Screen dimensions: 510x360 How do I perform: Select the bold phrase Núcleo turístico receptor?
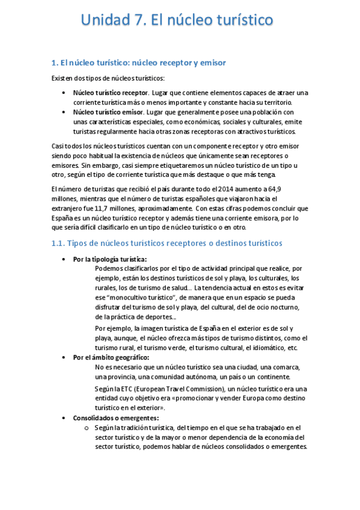pos(111,93)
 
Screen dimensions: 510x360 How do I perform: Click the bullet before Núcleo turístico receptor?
pos(64,93)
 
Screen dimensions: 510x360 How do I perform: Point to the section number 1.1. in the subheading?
pos(58,243)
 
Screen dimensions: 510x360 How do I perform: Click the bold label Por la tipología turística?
pos(109,259)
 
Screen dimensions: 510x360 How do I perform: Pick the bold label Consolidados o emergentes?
pos(116,417)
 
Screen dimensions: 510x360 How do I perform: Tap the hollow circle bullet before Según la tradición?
pos(86,428)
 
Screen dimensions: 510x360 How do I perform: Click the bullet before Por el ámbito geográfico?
pos(64,358)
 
